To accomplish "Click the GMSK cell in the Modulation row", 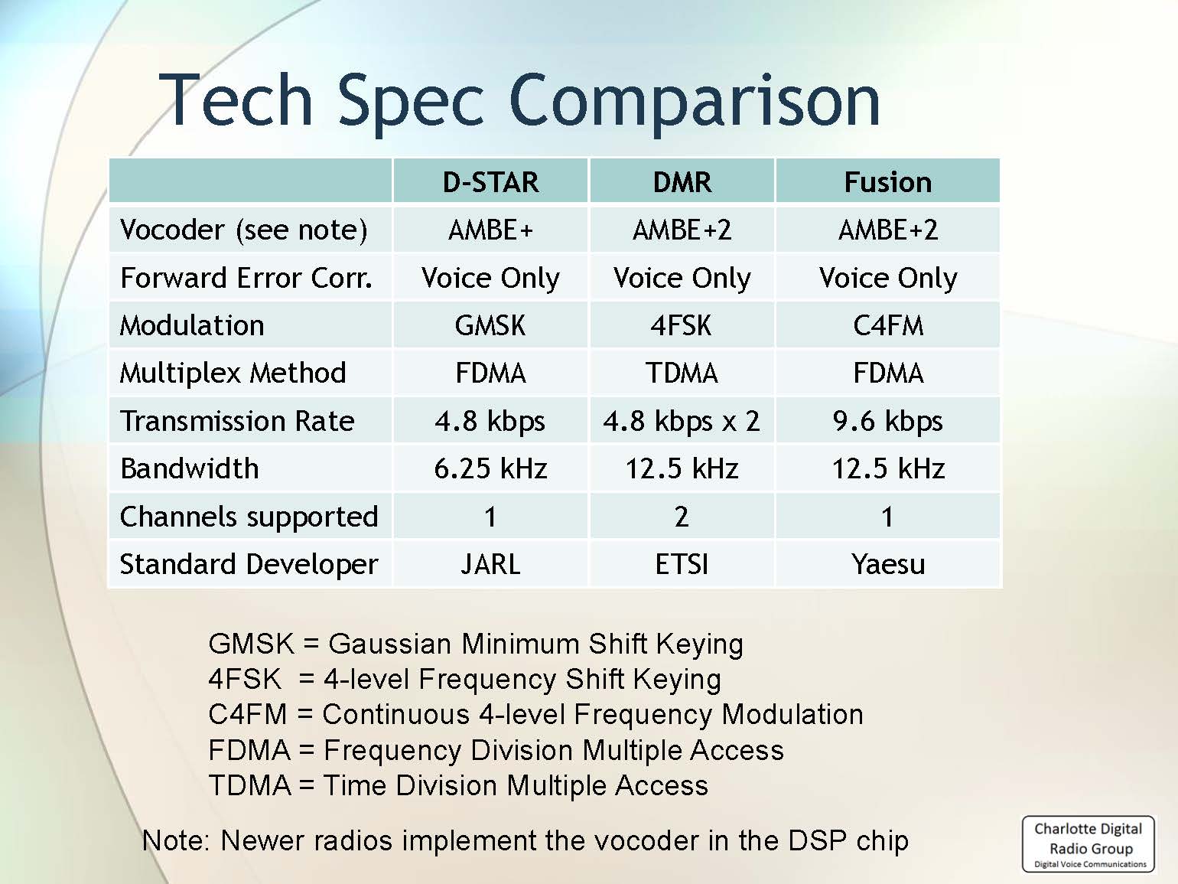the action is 490,325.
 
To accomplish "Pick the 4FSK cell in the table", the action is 681,325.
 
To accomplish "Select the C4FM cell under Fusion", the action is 888,325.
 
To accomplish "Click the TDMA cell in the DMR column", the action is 682,373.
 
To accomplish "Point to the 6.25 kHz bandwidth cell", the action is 490,468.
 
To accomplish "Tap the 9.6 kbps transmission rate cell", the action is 887,421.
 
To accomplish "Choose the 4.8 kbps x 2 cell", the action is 682,421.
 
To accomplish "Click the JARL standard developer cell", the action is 490,564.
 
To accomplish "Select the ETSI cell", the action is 682,564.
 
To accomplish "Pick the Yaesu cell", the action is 888,564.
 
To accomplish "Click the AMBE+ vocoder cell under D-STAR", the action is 490,230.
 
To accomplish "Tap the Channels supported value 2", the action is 682,517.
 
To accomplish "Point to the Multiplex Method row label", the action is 233,373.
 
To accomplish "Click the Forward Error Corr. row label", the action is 246,278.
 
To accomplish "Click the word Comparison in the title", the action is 694,102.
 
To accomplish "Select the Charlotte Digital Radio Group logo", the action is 1089,844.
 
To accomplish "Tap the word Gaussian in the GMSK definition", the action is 390,644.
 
